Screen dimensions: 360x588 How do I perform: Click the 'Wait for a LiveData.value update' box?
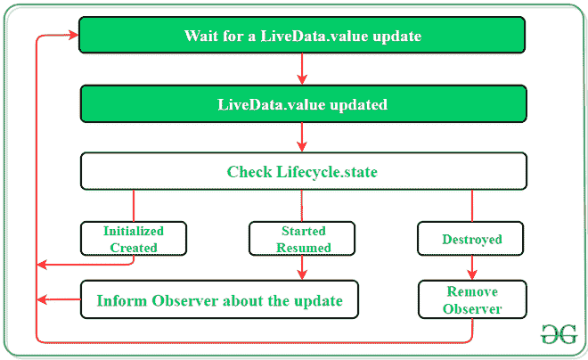[302, 37]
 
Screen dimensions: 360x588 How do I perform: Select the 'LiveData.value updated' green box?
[302, 104]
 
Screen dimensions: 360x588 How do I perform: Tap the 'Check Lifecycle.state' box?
[302, 171]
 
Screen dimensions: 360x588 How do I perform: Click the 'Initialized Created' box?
[134, 239]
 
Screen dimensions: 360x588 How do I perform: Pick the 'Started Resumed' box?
[301, 239]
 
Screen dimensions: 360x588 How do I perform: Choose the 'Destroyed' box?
[471, 239]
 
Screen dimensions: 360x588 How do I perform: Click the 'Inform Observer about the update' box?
[219, 300]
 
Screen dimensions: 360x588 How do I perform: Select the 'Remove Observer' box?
[472, 300]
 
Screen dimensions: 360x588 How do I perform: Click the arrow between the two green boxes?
[303, 70]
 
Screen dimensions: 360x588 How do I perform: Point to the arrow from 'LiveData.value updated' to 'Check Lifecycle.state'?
[303, 137]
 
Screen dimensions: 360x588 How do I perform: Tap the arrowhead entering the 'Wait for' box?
[71, 37]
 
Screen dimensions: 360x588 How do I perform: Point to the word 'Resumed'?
[303, 248]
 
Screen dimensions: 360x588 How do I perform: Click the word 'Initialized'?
[134, 230]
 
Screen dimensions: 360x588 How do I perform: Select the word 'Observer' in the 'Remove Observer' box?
[472, 309]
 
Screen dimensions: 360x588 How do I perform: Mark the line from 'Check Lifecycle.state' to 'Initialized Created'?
[134, 205]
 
